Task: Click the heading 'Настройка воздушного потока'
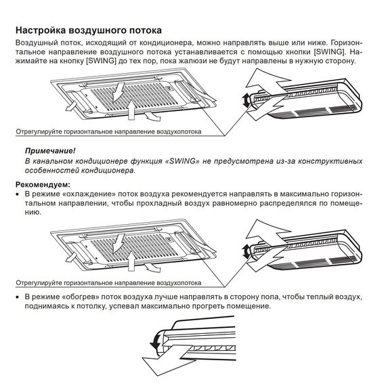tap(88, 30)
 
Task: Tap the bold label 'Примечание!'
tap(50, 151)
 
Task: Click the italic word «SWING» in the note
tap(181, 161)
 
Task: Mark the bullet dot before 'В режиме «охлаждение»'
tap(18, 194)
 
